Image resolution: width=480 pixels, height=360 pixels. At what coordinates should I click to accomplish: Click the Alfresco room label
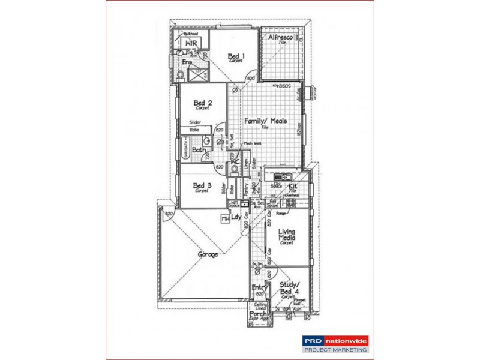pos(280,38)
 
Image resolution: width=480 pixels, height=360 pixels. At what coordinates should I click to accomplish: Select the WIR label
pos(191,44)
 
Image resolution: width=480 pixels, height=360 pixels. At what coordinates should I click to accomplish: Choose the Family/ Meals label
pos(265,121)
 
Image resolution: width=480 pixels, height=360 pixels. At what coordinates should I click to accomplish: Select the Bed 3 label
pos(202,185)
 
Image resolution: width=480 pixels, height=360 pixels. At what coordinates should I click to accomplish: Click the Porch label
pos(260,313)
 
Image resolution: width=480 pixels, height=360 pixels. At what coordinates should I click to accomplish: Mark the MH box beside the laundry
pos(226,219)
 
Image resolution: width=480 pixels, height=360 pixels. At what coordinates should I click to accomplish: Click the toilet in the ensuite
pos(181,76)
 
